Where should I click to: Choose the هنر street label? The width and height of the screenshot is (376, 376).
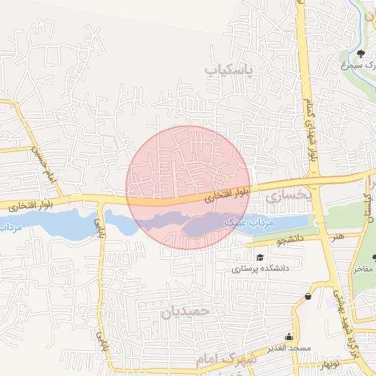click(x=338, y=236)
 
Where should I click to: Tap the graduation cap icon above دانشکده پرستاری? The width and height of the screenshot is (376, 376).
click(x=260, y=257)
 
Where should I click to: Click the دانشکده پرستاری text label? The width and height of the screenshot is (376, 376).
click(x=261, y=269)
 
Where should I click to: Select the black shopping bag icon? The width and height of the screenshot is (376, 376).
click(x=307, y=297)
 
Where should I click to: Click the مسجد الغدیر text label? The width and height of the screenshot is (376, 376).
click(x=289, y=347)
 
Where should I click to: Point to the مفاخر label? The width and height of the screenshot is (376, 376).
click(x=364, y=269)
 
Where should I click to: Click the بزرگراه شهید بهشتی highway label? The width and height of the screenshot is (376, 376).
click(x=345, y=309)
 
